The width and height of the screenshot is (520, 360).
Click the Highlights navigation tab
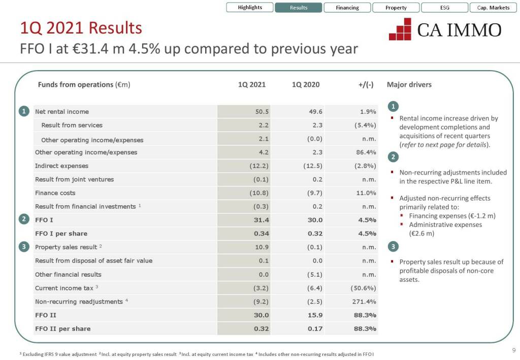(x=250, y=8)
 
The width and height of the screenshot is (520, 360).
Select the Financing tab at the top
(x=347, y=8)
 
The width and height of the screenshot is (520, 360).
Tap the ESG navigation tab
(x=445, y=8)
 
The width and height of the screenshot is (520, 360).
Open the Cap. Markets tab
(x=493, y=8)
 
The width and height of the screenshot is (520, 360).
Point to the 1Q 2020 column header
(x=306, y=85)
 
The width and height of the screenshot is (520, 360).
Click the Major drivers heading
(x=409, y=85)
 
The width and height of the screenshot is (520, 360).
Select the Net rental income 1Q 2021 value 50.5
(x=262, y=112)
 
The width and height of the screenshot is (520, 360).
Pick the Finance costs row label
(x=55, y=193)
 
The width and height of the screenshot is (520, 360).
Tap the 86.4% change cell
(x=366, y=152)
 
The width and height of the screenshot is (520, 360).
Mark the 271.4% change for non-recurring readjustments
(x=364, y=302)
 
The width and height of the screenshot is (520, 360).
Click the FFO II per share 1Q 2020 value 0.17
(x=315, y=329)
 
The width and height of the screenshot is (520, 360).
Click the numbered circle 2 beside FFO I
(x=24, y=219)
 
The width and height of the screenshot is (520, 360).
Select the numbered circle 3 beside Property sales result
(x=24, y=247)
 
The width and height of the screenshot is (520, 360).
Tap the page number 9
(x=513, y=350)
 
